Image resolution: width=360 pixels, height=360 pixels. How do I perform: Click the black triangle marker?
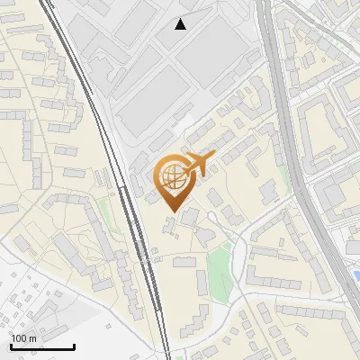[x=181, y=24]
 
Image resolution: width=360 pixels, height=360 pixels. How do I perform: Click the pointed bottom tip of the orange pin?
[x=172, y=211]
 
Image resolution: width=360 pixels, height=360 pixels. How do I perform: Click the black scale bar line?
[x=41, y=347]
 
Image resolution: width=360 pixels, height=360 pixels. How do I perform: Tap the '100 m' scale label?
[x=23, y=338]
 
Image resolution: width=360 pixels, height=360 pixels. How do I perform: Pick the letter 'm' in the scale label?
[x=32, y=338]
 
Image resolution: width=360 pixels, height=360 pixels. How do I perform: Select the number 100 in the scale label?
[x=19, y=338]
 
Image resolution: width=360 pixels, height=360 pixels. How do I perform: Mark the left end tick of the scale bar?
[x=11, y=345]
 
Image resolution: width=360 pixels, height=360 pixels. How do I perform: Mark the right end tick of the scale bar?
[x=73, y=345]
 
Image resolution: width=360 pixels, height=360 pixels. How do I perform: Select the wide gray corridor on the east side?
[x=297, y=162]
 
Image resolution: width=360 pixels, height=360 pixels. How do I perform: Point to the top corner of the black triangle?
[x=181, y=19]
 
